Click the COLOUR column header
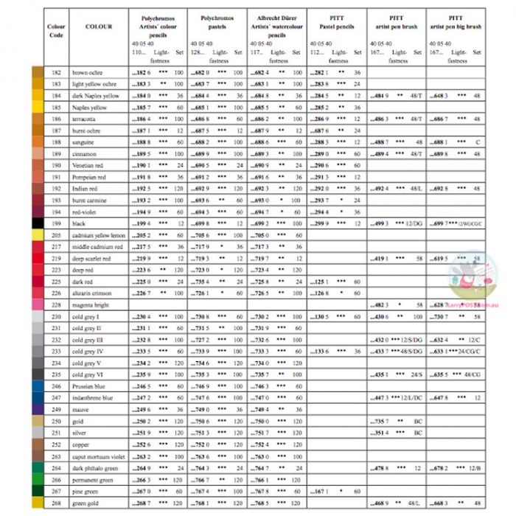click(99, 27)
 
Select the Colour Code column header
click(56, 32)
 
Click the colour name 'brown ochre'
click(87, 73)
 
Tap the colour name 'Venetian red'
click(88, 166)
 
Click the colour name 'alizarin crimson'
click(92, 293)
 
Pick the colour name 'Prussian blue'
click(89, 386)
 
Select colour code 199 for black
click(56, 223)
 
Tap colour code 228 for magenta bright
click(56, 304)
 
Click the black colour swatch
click(38, 223)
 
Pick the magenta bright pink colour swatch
click(38, 304)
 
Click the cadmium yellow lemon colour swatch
click(38, 235)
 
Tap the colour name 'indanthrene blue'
click(93, 397)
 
